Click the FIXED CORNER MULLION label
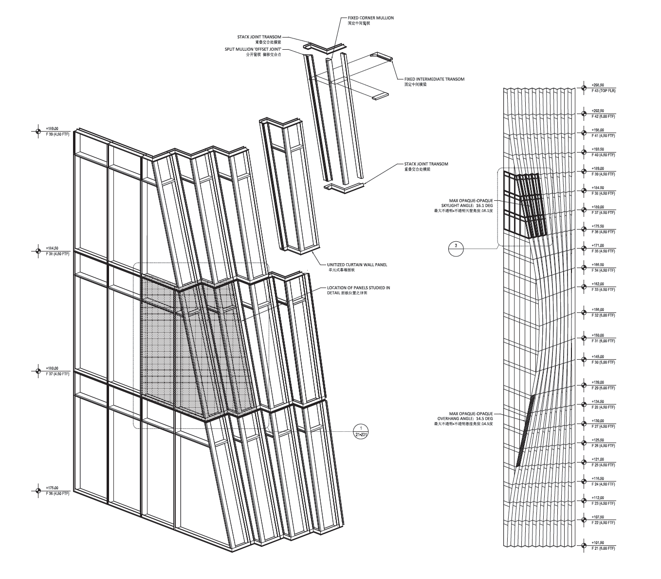pyautogui.click(x=370, y=18)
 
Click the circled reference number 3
pyautogui.click(x=456, y=246)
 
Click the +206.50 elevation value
pyautogui.click(x=598, y=85)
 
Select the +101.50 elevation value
pyautogui.click(x=598, y=542)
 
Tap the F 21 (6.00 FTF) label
pyautogui.click(x=603, y=549)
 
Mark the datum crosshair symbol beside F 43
pyautogui.click(x=584, y=88)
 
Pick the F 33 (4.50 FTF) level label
pyautogui.click(x=603, y=289)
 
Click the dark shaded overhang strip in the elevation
pyautogui.click(x=525, y=431)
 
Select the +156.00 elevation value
pyautogui.click(x=598, y=309)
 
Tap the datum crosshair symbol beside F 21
pyautogui.click(x=584, y=546)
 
